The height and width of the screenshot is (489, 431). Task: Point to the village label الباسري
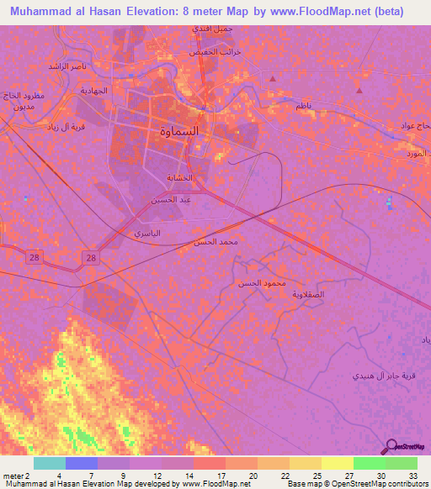[147, 232]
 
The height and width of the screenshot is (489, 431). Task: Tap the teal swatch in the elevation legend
[50, 463]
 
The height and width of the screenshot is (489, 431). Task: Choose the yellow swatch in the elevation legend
[337, 463]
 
